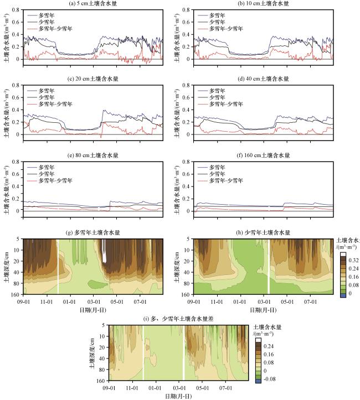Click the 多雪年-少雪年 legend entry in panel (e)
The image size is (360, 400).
tap(57, 180)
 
